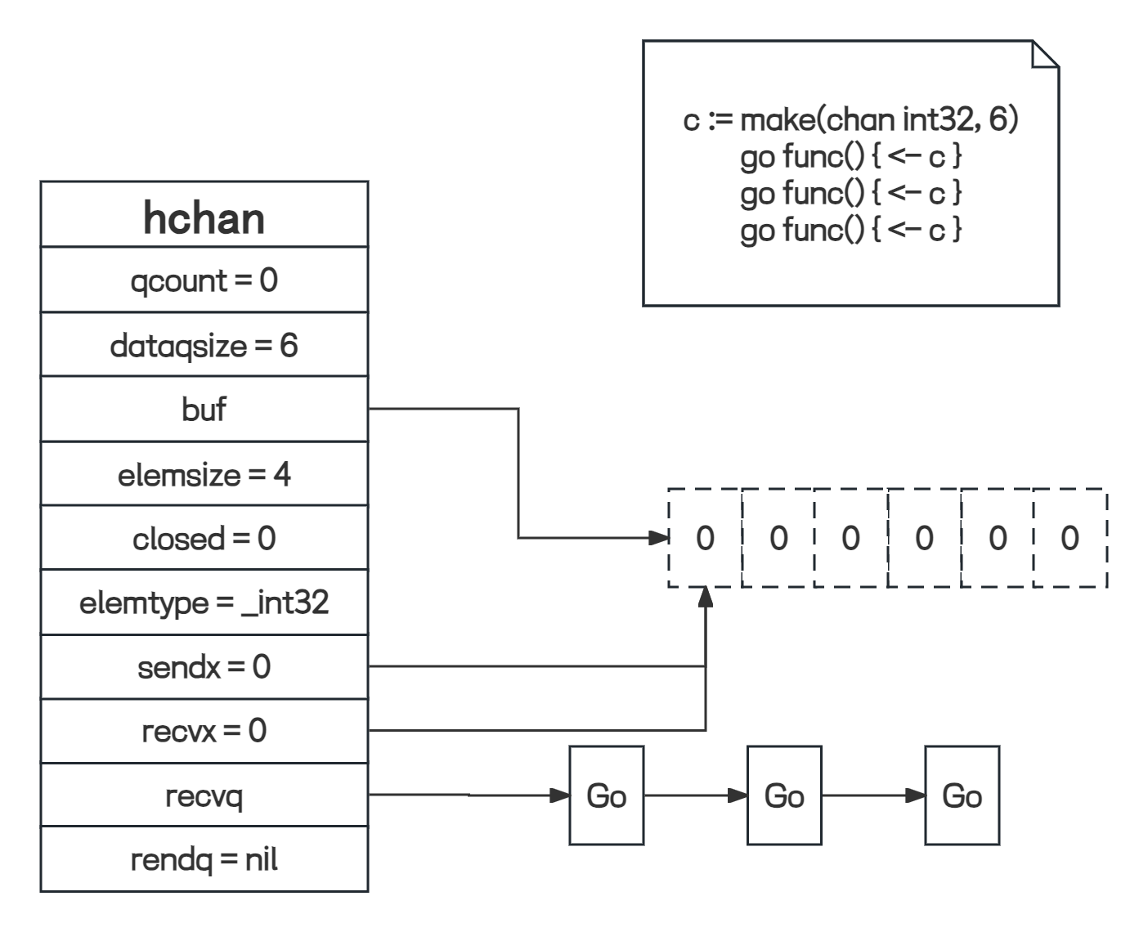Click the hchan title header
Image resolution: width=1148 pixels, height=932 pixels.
[x=204, y=217]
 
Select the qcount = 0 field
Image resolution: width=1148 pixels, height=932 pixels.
[x=204, y=280]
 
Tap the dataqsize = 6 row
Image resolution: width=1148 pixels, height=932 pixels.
[x=204, y=345]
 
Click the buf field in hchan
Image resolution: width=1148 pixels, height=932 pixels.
[x=204, y=409]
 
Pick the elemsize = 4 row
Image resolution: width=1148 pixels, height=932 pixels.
[x=204, y=474]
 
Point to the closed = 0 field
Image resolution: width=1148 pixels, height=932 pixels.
[x=204, y=538]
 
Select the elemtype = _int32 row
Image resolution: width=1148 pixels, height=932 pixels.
[x=204, y=603]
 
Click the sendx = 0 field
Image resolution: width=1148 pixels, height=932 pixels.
[x=204, y=667]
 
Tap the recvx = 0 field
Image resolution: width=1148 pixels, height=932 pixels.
[x=204, y=730]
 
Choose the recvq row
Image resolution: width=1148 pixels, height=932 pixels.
[x=204, y=795]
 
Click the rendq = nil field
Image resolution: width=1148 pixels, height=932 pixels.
[x=204, y=859]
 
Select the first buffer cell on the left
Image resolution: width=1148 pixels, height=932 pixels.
[x=705, y=538]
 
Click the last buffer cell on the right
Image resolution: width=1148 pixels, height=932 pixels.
[x=1070, y=538]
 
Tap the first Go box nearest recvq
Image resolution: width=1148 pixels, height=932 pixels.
[x=607, y=795]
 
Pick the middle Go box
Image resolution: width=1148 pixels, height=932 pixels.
[x=784, y=795]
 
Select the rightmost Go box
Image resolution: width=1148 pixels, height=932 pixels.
[x=962, y=795]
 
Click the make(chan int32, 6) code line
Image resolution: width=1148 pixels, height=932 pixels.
[x=850, y=120]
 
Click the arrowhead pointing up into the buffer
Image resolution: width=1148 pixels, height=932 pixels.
[x=705, y=598]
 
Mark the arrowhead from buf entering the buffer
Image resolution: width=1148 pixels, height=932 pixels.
[x=658, y=538]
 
